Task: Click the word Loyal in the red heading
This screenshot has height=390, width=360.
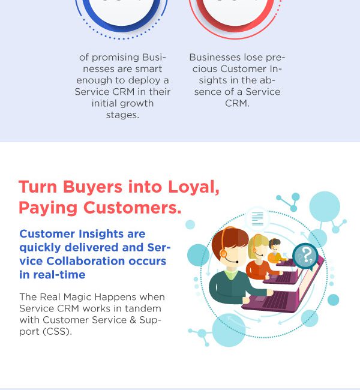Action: (x=193, y=187)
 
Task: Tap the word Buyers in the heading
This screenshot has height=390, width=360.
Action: (x=92, y=187)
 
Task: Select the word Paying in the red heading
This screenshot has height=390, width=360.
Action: (x=48, y=208)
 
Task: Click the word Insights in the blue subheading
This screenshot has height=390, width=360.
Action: (x=101, y=234)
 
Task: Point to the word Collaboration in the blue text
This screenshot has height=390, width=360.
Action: (x=86, y=261)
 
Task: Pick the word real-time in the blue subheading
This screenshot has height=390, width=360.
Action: (x=59, y=275)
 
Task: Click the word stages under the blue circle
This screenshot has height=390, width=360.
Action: (x=122, y=115)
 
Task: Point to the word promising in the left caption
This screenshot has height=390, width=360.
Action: (x=116, y=58)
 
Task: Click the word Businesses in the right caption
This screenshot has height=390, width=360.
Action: (x=215, y=58)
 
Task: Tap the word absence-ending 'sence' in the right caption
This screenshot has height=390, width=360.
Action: (x=208, y=92)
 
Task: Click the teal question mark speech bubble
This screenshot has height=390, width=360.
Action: (x=305, y=256)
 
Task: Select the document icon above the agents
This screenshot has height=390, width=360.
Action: (x=257, y=218)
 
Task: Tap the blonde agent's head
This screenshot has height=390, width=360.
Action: (x=259, y=247)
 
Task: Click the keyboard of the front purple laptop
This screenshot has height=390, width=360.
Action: (x=275, y=300)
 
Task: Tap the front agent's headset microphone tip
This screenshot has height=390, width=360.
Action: (x=238, y=262)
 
